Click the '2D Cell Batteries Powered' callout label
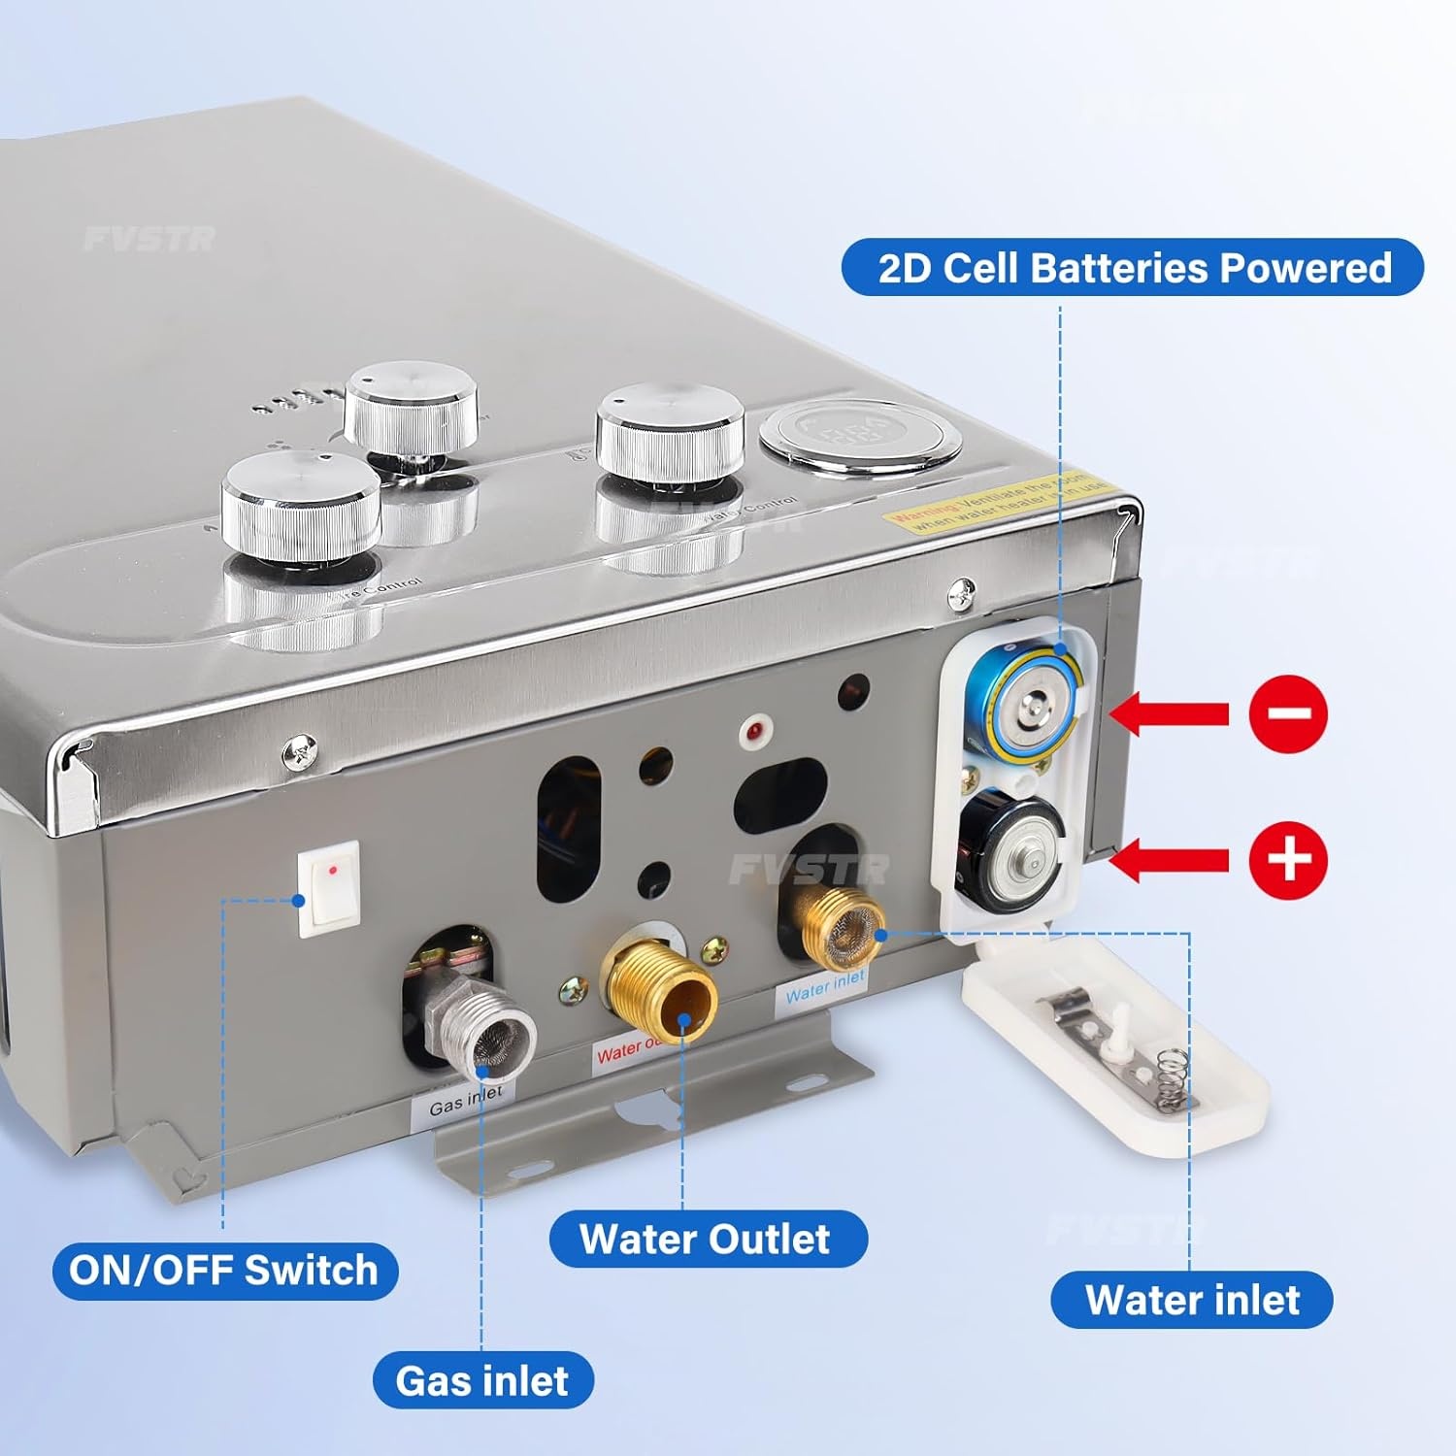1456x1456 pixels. pyautogui.click(x=1132, y=268)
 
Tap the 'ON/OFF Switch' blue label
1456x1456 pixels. pyautogui.click(x=224, y=1270)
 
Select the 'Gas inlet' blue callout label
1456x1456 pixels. pyautogui.click(x=482, y=1379)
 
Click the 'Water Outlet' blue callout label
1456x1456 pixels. pyautogui.click(x=707, y=1239)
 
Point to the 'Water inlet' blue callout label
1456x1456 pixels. pyautogui.click(x=1191, y=1299)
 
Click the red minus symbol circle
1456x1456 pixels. pyautogui.click(x=1287, y=713)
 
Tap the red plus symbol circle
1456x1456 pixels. pyautogui.click(x=1287, y=860)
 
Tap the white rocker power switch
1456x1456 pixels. pyautogui.click(x=329, y=888)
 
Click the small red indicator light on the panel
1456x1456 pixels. pyautogui.click(x=753, y=730)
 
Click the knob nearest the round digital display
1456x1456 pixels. pyautogui.click(x=670, y=432)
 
